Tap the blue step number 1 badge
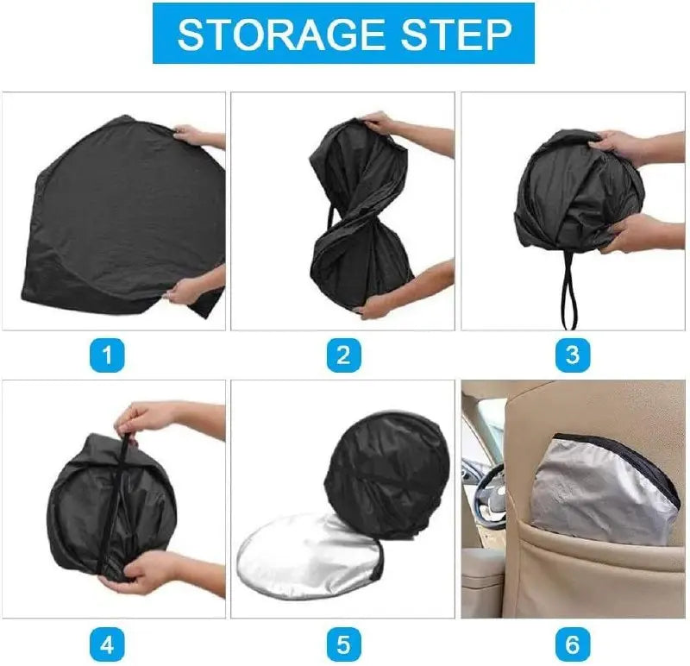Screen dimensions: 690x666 click(x=107, y=355)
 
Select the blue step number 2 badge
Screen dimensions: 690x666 click(x=343, y=355)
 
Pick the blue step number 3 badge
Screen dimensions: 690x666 click(x=572, y=355)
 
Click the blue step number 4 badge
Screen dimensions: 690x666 click(x=107, y=645)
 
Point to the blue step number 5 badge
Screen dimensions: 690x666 click(x=343, y=645)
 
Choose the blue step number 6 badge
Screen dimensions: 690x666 click(x=572, y=645)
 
